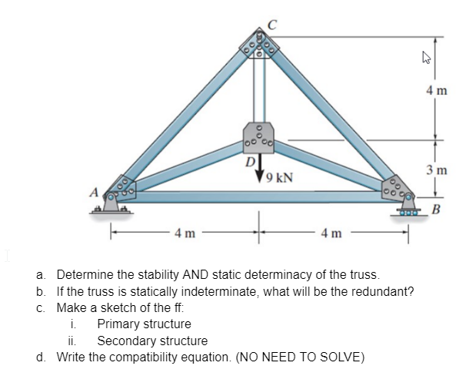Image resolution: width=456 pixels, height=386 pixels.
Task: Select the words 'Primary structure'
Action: (x=144, y=324)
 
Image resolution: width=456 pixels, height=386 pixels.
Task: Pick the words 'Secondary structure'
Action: (x=151, y=341)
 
